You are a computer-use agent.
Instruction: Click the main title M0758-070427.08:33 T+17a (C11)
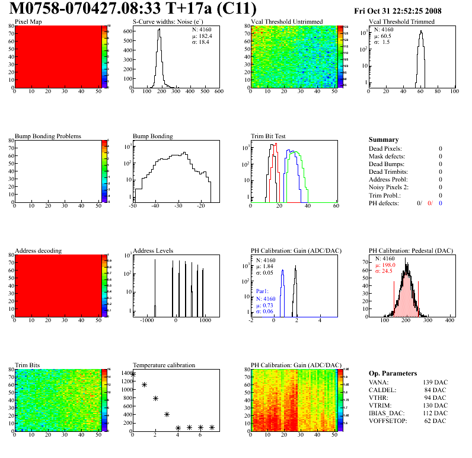[133, 9]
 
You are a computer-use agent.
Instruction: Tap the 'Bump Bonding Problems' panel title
[48, 136]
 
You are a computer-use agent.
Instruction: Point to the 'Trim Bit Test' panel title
[269, 136]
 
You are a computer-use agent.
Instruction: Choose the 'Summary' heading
[384, 139]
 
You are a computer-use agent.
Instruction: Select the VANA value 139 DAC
[435, 382]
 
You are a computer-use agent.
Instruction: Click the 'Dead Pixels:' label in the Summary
[385, 148]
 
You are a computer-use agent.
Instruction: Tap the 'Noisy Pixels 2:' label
[390, 187]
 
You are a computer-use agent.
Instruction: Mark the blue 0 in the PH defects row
[441, 203]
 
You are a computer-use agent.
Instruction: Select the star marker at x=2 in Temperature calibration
[155, 399]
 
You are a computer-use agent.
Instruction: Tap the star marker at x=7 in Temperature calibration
[212, 427]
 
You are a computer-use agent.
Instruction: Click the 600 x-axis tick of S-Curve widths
[219, 92]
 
